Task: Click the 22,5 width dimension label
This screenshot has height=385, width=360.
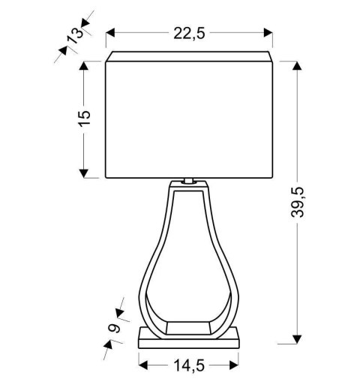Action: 189,32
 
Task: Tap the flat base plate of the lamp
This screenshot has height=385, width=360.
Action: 189,340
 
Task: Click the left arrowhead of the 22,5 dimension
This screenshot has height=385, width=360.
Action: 110,32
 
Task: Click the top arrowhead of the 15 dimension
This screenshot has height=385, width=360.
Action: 84,66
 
